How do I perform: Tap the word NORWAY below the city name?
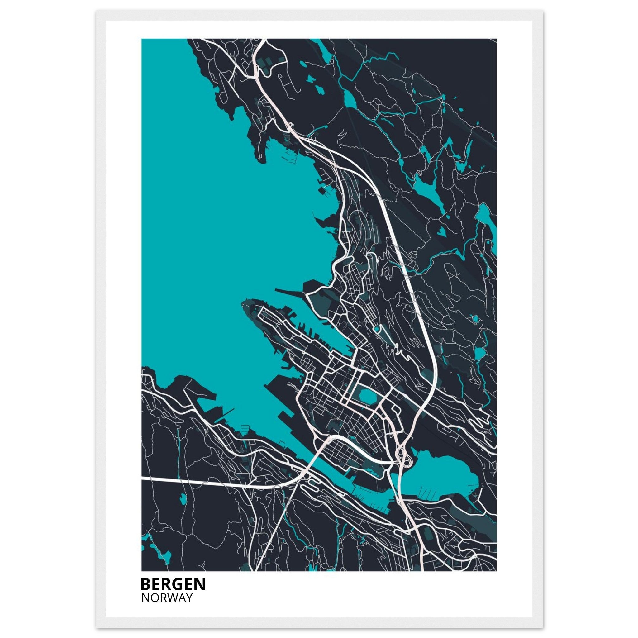(167, 598)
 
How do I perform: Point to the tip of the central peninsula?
(244, 303)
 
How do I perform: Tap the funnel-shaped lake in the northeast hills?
(429, 192)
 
